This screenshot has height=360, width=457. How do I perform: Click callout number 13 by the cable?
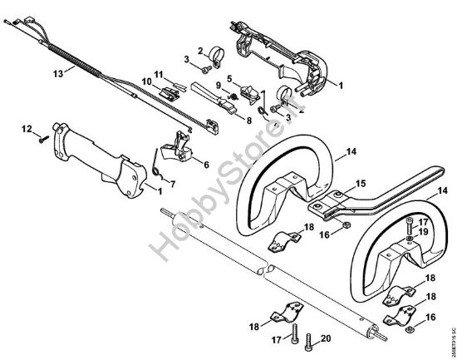point(57,73)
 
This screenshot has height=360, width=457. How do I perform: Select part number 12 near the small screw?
point(26,128)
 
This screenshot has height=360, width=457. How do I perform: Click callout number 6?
point(205,165)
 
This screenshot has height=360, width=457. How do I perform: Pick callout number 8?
point(248,120)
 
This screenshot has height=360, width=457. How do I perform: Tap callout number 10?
point(218,86)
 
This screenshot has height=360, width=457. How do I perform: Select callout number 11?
point(145,80)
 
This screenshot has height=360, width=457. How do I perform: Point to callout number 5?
point(229,78)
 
